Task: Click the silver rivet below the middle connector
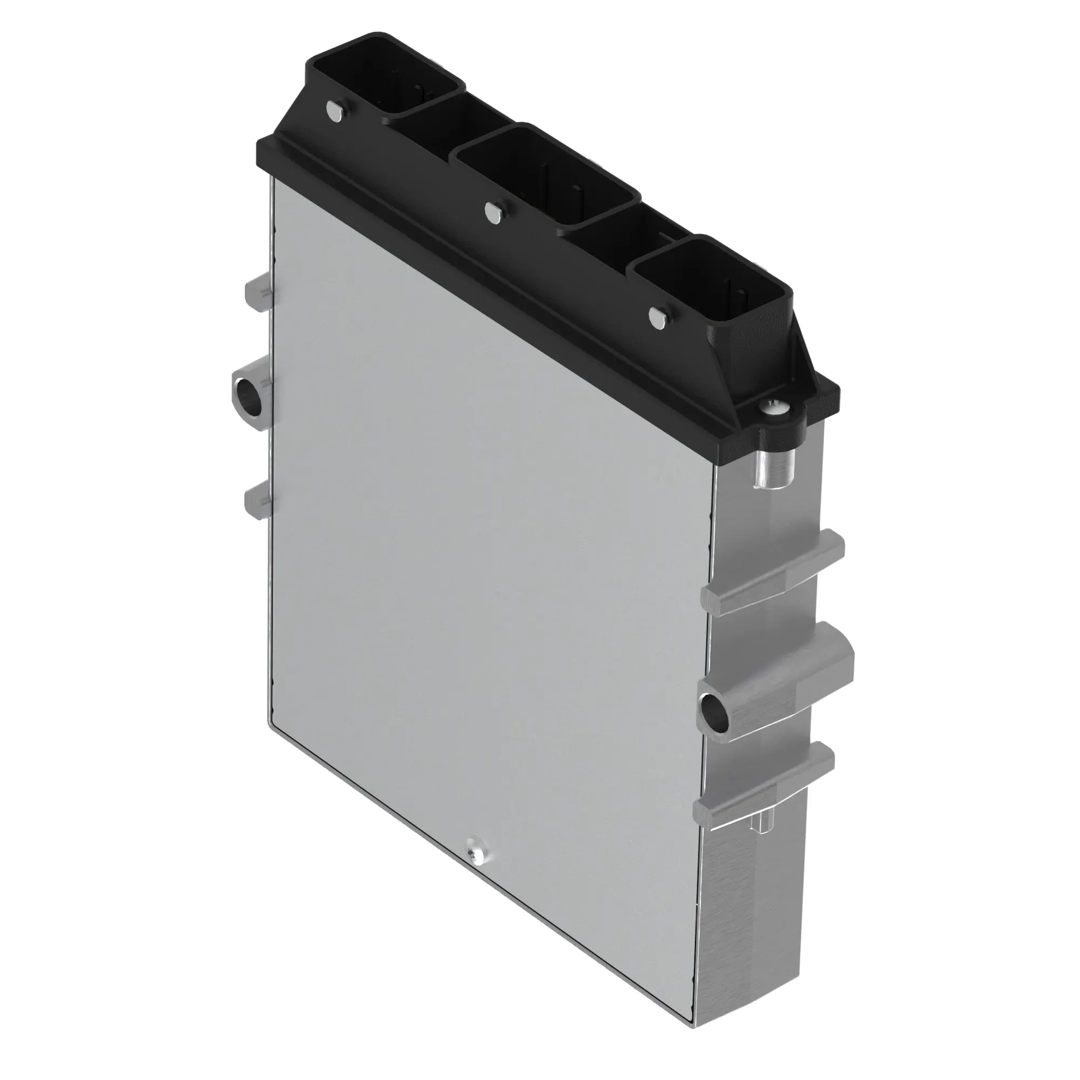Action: pyautogui.click(x=493, y=213)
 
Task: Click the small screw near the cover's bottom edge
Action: pyautogui.click(x=477, y=869)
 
